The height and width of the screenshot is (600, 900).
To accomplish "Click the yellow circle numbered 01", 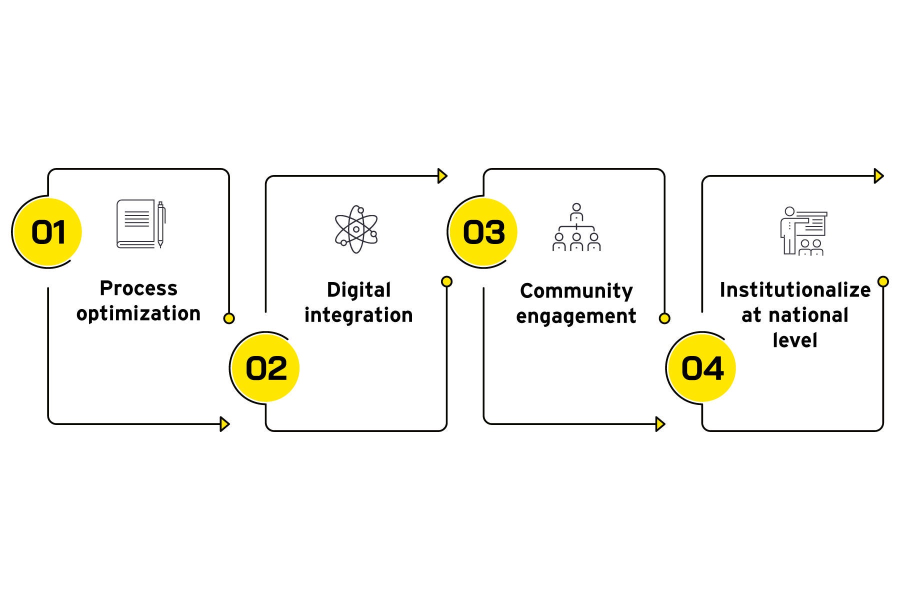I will (48, 232).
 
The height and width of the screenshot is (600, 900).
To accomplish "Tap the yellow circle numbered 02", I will (266, 368).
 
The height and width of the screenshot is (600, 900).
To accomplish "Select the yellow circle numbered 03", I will (483, 232).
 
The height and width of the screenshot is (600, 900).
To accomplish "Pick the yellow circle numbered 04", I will (702, 368).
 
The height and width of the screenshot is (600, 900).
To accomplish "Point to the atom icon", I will (356, 229).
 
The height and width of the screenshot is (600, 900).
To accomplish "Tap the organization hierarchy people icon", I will (576, 227).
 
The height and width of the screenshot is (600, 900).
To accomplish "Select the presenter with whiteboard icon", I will (803, 230).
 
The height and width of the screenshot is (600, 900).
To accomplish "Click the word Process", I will (138, 288).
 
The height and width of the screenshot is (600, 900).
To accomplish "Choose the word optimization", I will (138, 314).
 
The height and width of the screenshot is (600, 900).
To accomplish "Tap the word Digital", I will (358, 290).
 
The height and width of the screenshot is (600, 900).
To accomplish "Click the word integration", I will (358, 315).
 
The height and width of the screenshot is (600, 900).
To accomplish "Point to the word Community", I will (576, 291).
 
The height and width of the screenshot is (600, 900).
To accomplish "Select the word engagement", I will (576, 316).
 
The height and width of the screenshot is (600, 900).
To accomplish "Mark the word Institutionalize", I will (795, 290).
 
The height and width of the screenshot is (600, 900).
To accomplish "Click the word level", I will (795, 340).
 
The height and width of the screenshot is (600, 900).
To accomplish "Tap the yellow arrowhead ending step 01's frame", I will (224, 424).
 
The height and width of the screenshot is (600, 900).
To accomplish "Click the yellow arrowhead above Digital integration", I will (442, 176).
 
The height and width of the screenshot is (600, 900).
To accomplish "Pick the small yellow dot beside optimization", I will (229, 318).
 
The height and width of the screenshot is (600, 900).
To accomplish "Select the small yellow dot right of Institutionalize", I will (883, 281).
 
